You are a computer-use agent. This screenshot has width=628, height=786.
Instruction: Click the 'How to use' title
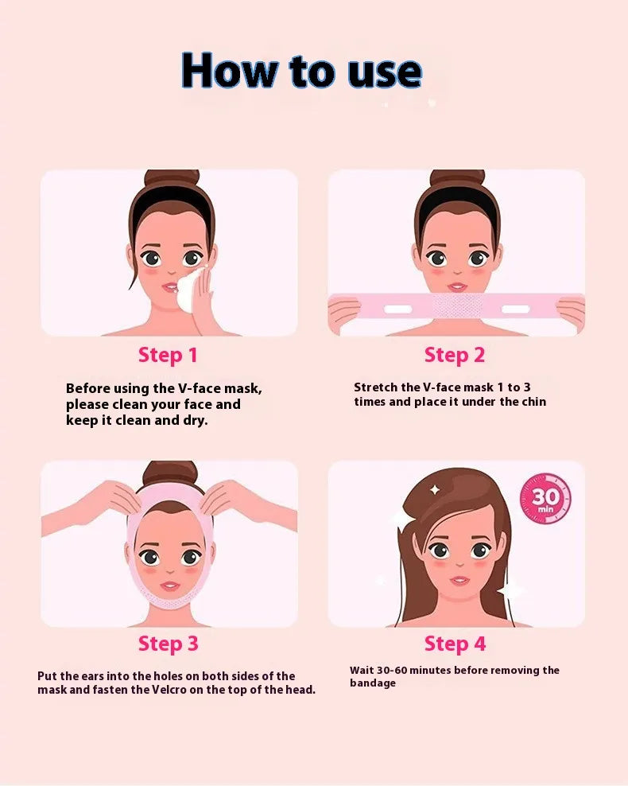tap(301, 71)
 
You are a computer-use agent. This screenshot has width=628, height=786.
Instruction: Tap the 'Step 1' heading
tap(168, 356)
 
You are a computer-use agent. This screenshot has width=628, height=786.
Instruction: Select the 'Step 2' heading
tap(455, 356)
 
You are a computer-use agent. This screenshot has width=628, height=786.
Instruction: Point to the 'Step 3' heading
tap(169, 644)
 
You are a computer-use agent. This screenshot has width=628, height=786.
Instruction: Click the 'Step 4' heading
tap(455, 644)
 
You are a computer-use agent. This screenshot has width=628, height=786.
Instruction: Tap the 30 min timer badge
tap(545, 499)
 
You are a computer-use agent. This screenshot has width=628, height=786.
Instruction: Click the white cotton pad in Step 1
tap(189, 290)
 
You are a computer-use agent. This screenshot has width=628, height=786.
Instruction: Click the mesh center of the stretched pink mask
tap(457, 305)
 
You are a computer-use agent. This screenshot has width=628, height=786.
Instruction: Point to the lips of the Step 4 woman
tap(459, 581)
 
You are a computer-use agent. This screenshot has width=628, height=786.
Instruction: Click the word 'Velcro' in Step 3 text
tap(169, 690)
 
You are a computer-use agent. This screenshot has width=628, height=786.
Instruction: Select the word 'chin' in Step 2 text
tap(534, 402)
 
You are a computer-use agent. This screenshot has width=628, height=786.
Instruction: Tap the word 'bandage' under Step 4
tap(373, 683)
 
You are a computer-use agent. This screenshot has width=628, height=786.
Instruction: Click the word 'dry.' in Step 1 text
tap(196, 420)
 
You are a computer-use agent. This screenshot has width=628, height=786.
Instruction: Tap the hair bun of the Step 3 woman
tap(170, 471)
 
